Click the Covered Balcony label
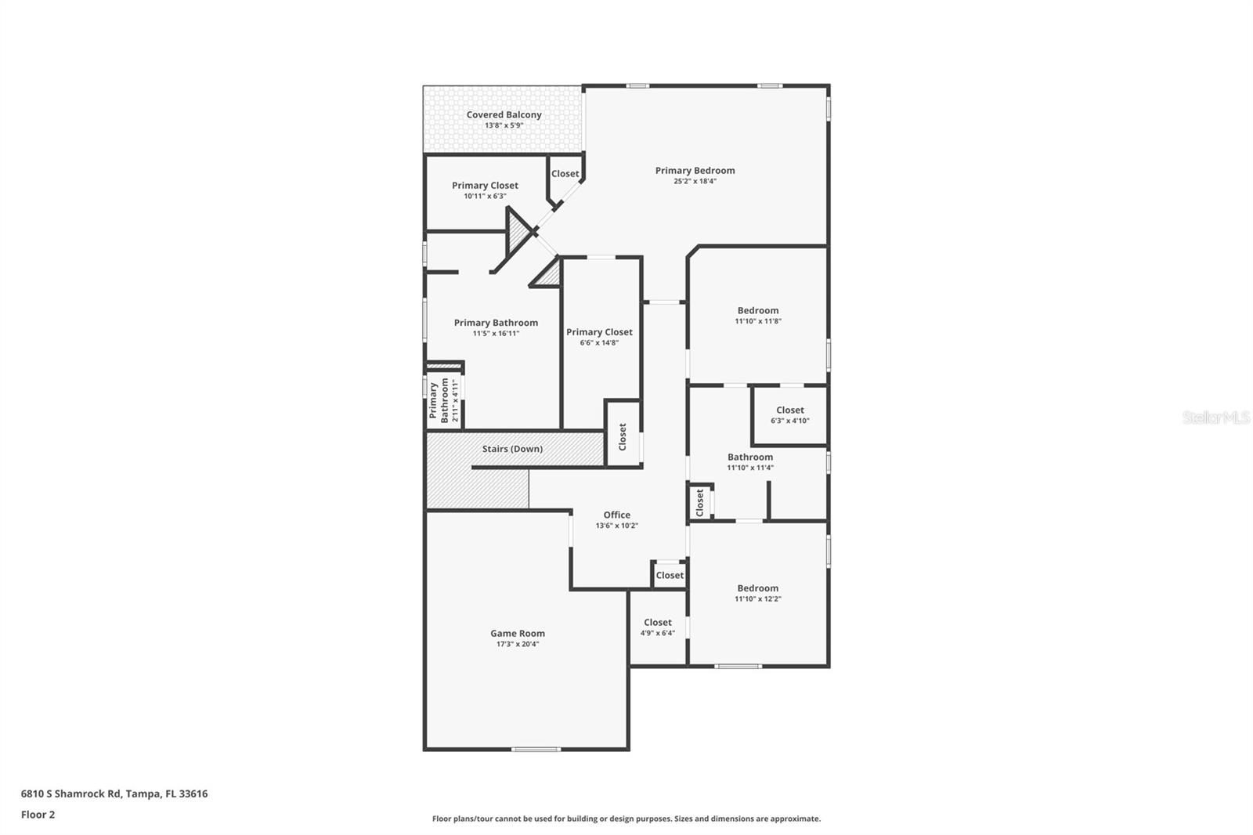point(504,114)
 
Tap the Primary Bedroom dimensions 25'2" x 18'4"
point(695,181)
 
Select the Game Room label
point(517,633)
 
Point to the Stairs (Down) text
point(512,449)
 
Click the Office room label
point(616,515)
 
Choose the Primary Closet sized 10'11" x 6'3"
point(485,186)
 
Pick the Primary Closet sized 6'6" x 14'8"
point(599,332)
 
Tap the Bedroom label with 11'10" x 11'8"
point(757,310)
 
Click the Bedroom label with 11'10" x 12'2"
point(757,588)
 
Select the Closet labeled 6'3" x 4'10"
point(789,410)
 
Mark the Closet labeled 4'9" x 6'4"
point(657,622)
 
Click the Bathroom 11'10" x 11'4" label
point(749,457)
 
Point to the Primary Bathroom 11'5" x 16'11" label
point(496,323)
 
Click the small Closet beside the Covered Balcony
point(565,174)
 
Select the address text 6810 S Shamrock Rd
point(114,793)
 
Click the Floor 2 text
point(38,815)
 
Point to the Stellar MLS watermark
point(1215,417)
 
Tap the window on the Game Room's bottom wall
point(536,749)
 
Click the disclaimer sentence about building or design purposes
point(626,819)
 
